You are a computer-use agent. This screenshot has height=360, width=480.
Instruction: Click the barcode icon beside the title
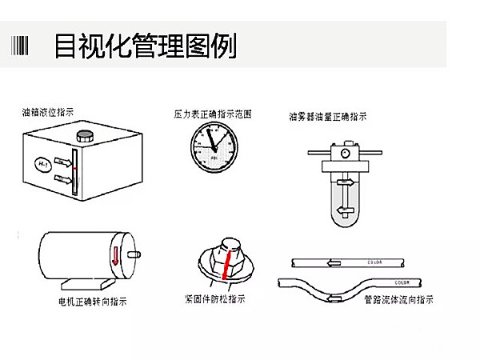coord(22,45)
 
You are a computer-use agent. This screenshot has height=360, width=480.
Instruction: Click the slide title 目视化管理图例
coord(145,46)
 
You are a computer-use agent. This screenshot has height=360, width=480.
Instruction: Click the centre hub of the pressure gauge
coord(214,147)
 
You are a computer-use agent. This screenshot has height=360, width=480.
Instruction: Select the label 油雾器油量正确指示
coord(328,116)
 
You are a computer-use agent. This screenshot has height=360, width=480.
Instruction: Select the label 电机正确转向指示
coord(92,302)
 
